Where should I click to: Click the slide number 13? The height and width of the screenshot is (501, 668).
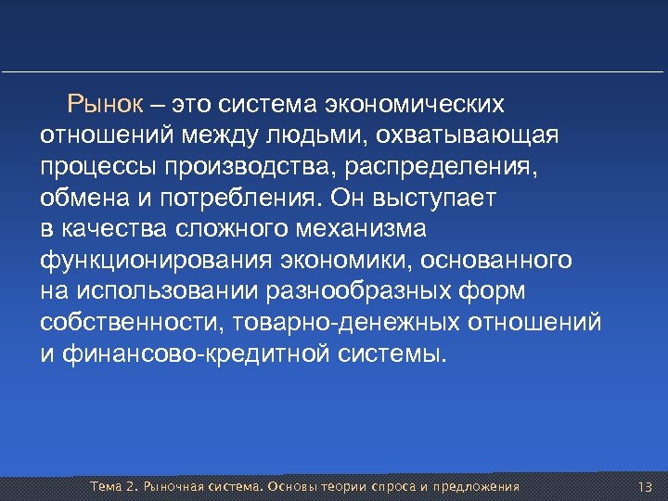click(646, 487)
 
